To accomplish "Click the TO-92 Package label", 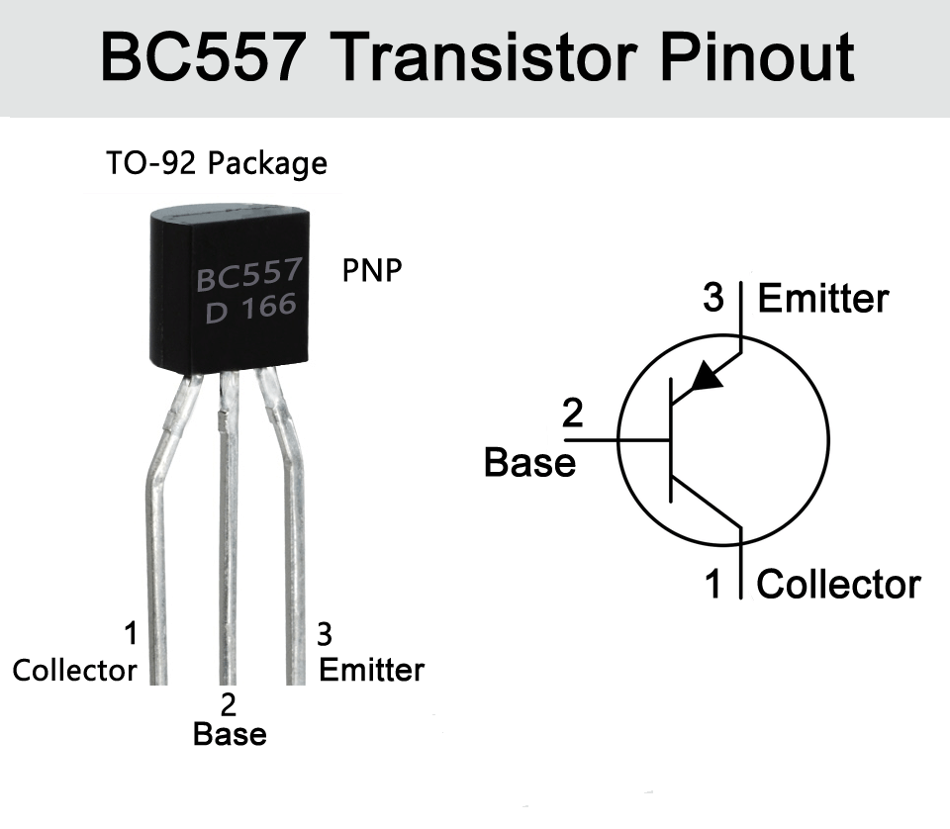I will point(216,162).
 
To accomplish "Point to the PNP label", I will point(372,270).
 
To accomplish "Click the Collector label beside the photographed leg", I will point(74,671).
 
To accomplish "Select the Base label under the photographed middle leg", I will point(230,735).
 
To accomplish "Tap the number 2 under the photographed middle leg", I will point(230,704).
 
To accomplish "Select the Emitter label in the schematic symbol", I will point(823,299).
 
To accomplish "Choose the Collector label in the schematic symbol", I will point(838,585).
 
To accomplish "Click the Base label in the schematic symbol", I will point(529,462).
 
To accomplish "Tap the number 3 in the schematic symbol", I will point(714,298).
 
